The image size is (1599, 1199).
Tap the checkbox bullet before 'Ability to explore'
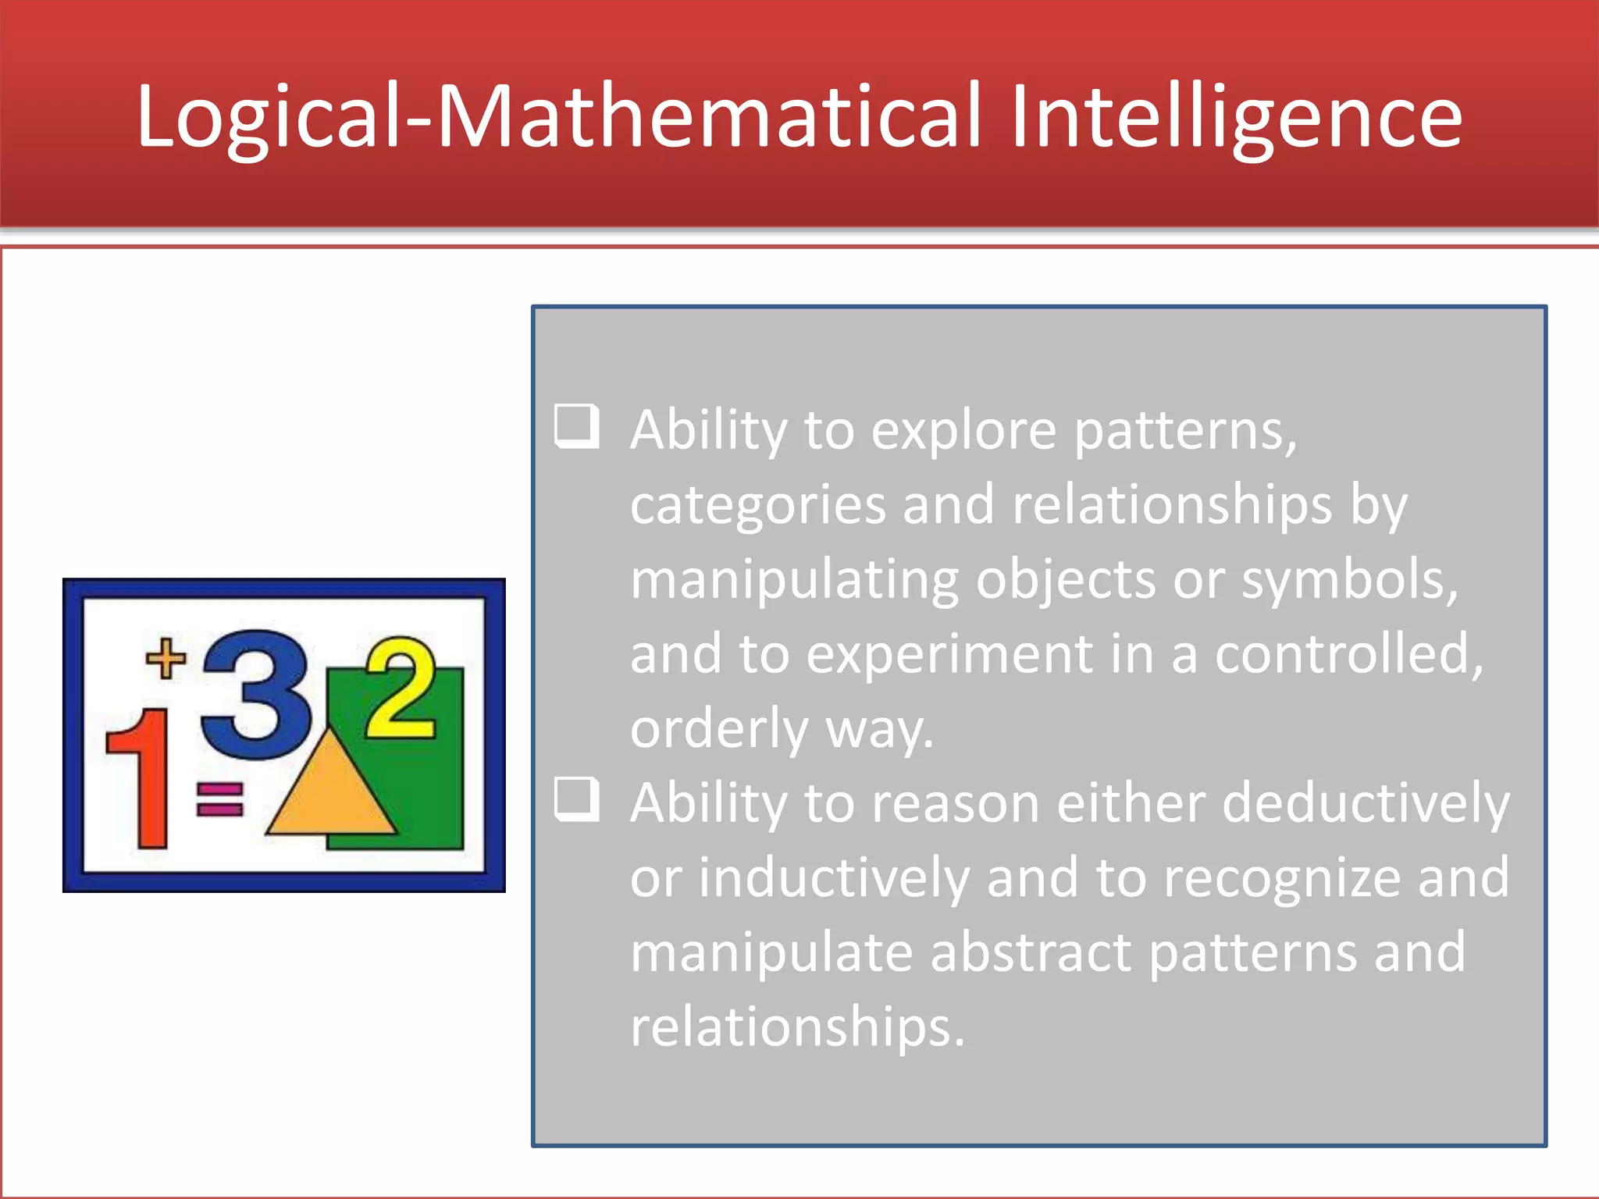point(576,426)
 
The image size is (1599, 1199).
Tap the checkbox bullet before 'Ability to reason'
point(576,799)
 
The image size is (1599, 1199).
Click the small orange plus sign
point(166,658)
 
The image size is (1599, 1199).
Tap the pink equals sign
point(219,799)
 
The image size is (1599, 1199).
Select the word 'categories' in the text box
point(757,506)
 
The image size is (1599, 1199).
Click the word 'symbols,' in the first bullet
point(1349,581)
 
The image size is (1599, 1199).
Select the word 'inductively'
point(833,877)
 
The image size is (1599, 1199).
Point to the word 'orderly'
point(718,729)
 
